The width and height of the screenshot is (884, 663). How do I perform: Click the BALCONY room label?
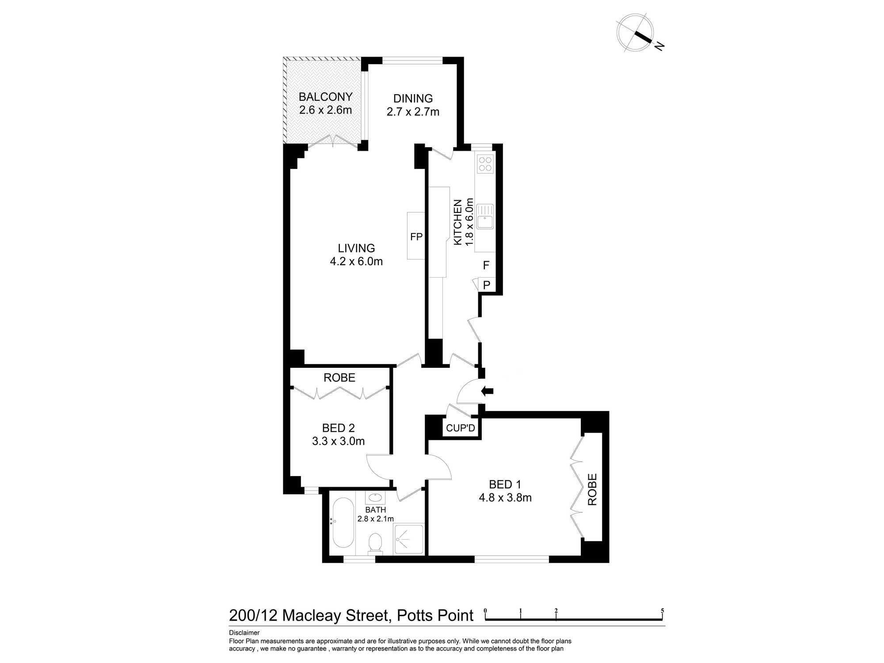325,96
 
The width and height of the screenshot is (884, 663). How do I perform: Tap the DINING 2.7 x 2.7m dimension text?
413,112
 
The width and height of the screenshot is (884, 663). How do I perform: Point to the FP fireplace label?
416,237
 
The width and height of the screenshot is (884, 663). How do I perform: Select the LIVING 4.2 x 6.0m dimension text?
356,261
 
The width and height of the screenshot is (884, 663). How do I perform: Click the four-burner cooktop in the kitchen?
485,164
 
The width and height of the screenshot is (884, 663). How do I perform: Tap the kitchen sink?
485,217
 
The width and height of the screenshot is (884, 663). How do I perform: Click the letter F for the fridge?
486,265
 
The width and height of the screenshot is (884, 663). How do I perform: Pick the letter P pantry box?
487,285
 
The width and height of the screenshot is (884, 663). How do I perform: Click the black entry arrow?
487,391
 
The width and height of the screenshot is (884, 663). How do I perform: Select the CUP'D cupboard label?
461,428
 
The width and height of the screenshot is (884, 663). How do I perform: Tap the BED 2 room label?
338,428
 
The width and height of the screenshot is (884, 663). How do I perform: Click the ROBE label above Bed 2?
339,377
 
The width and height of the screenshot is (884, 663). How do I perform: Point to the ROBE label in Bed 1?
592,490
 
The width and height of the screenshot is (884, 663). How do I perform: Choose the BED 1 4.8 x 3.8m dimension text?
505,498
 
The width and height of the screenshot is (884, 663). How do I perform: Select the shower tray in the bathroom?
408,539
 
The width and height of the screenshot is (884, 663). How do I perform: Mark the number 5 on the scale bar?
662,611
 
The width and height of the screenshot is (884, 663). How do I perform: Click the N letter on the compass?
659,46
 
